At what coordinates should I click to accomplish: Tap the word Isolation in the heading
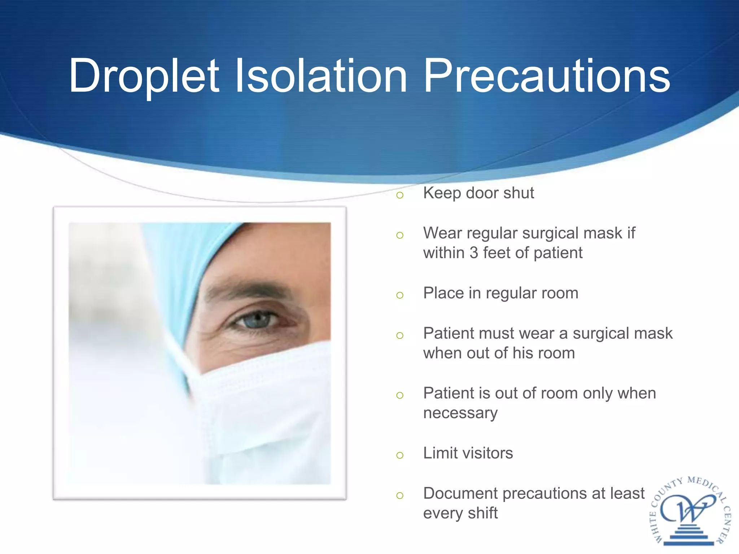(x=321, y=76)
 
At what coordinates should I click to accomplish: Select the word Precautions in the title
(x=546, y=76)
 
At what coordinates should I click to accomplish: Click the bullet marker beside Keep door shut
(x=399, y=195)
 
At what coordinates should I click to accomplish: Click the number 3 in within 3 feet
(x=474, y=253)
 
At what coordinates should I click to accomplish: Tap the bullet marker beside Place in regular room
(x=399, y=295)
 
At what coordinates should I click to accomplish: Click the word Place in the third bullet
(x=443, y=293)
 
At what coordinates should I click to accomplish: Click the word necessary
(x=460, y=413)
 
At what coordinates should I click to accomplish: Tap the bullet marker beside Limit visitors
(x=399, y=456)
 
